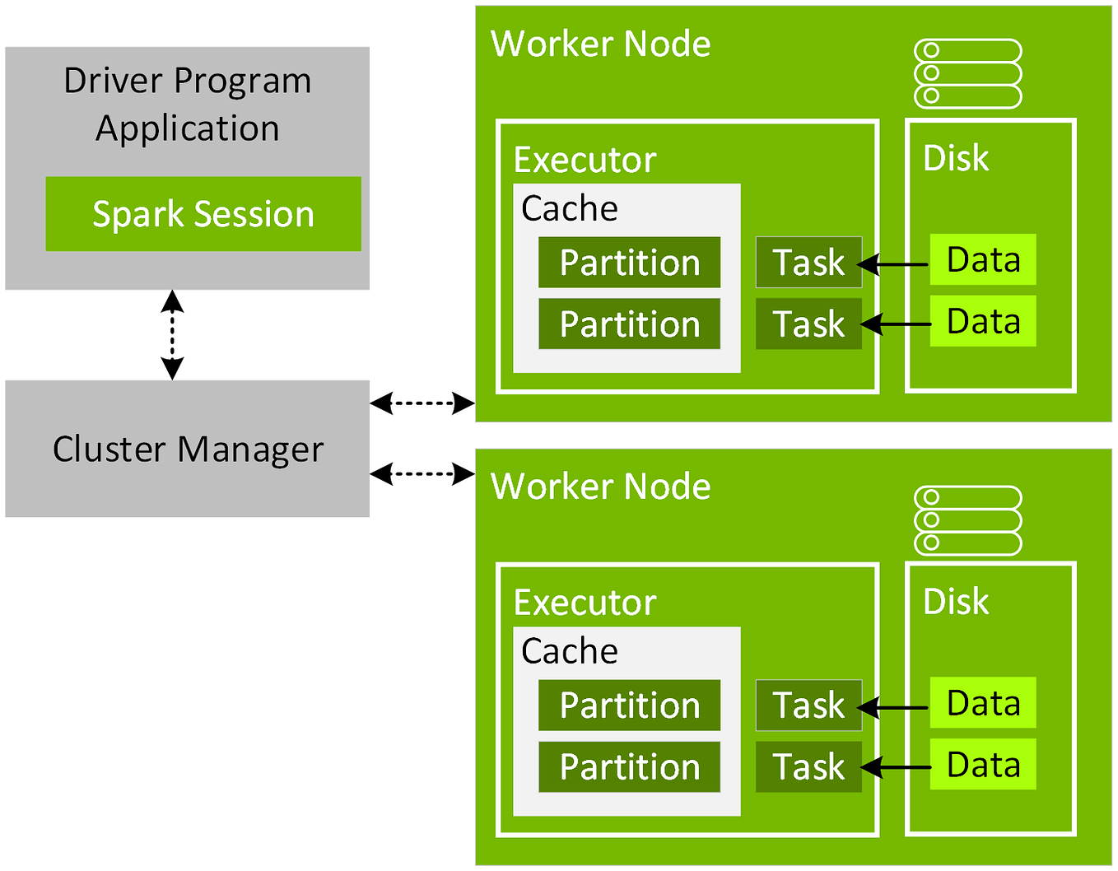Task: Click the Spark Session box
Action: (203, 214)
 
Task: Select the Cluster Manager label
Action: (188, 449)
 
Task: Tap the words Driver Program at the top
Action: (188, 81)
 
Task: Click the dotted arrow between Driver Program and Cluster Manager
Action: (172, 334)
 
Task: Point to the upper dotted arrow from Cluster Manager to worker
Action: (422, 403)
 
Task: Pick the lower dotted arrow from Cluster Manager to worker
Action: (422, 473)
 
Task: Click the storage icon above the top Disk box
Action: (968, 73)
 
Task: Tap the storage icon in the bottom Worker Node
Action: (968, 520)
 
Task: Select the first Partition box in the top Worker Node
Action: (629, 263)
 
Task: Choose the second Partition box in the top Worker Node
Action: (629, 324)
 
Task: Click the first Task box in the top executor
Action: (808, 263)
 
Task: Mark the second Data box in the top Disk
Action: (983, 322)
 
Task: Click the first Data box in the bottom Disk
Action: (983, 703)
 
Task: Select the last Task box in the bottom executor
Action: (808, 767)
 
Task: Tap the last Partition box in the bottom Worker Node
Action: (629, 767)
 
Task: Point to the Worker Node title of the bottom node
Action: (600, 487)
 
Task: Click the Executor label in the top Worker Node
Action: (585, 161)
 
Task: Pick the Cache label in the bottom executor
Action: (569, 651)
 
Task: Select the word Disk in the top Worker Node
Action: (956, 158)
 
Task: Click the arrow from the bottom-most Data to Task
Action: (897, 768)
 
